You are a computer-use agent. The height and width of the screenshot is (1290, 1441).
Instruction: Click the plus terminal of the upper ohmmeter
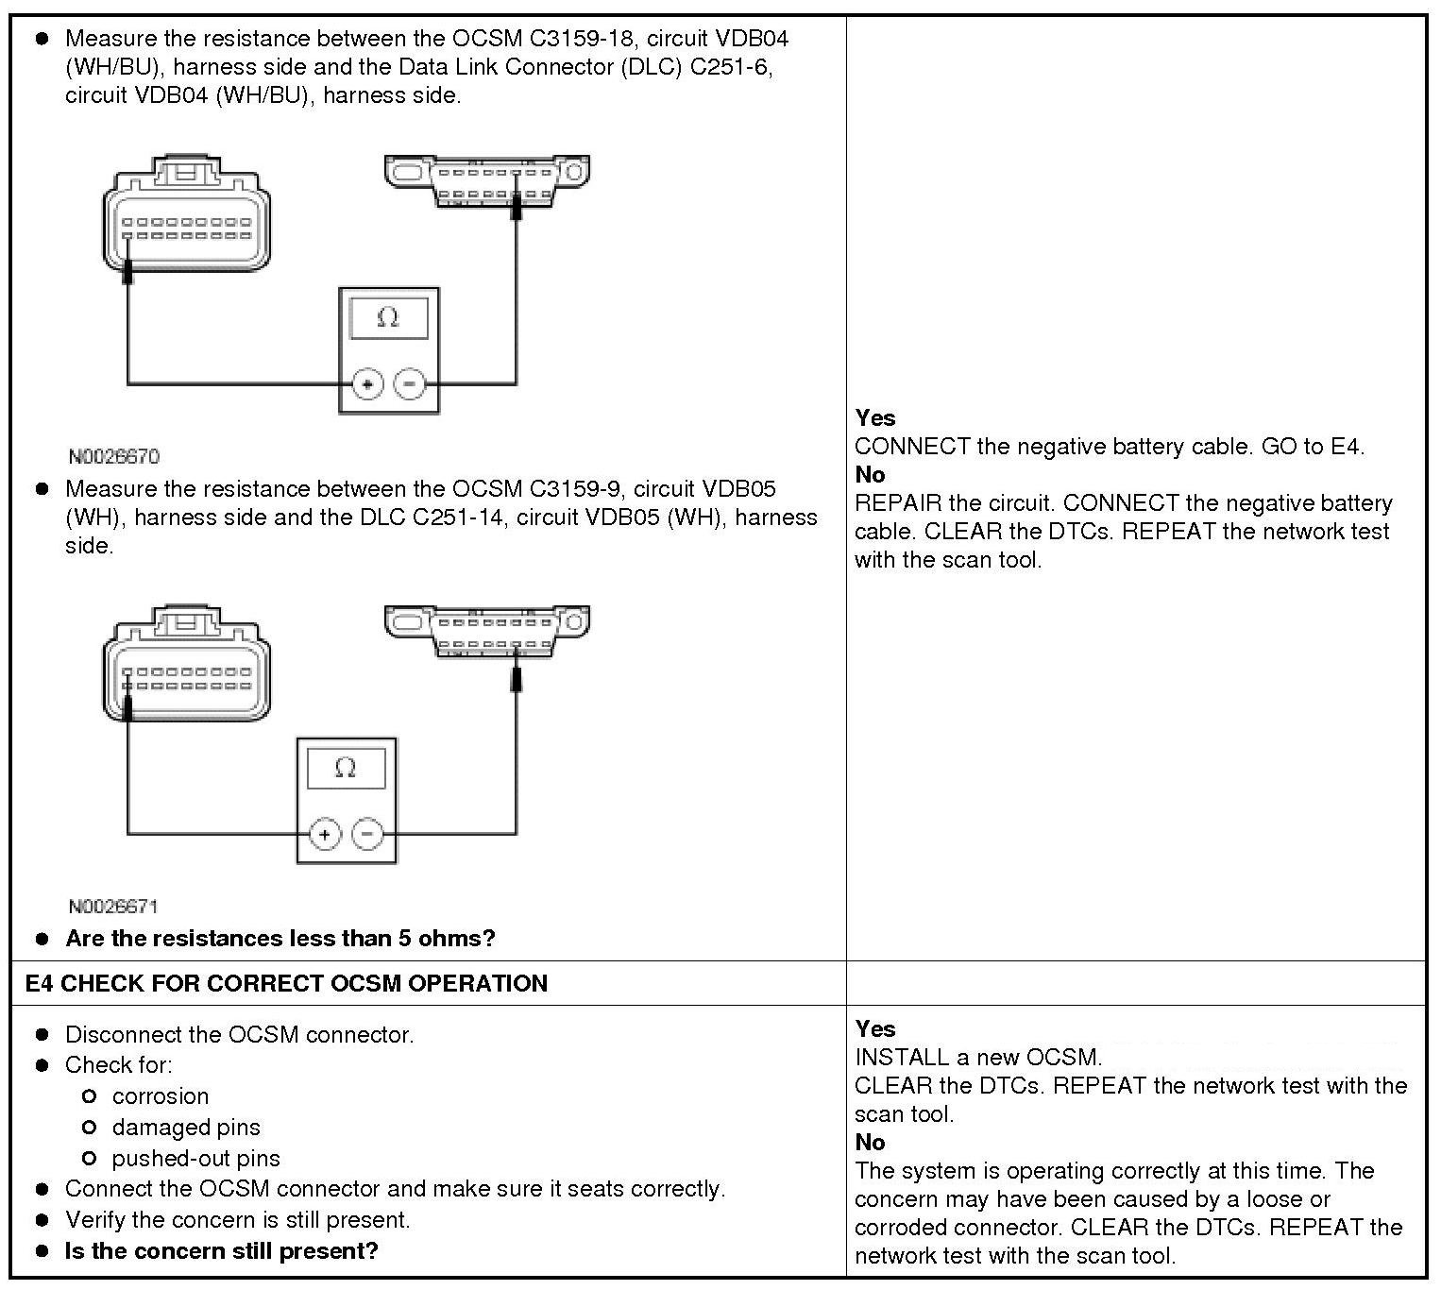(367, 384)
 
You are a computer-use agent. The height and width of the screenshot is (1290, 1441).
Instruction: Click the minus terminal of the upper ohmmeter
(409, 384)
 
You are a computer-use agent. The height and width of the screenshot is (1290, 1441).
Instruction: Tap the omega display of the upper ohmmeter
(388, 318)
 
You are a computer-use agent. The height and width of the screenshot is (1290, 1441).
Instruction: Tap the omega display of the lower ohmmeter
(346, 768)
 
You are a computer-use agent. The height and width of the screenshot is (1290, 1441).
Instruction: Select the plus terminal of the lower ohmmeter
(325, 835)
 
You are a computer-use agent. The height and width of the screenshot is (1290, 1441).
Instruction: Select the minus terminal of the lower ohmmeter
(366, 835)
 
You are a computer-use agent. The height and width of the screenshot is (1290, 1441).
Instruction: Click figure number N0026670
(114, 457)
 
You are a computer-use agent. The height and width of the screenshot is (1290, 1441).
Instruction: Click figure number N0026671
(113, 907)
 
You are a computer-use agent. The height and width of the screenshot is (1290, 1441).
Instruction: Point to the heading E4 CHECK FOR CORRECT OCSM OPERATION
(286, 983)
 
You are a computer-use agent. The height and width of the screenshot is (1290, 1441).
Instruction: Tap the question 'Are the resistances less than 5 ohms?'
(280, 939)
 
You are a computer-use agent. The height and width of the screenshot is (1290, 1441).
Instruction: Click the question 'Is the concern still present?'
(221, 1251)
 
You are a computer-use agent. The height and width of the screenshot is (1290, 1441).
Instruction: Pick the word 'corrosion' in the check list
(161, 1096)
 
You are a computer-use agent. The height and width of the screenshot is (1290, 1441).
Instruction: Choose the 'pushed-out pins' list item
(195, 1159)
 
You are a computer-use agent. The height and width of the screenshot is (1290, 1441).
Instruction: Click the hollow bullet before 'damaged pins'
(90, 1128)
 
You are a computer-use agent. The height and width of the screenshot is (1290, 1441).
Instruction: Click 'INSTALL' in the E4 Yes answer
(901, 1058)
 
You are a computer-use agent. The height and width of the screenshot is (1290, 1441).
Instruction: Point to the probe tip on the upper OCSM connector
(127, 273)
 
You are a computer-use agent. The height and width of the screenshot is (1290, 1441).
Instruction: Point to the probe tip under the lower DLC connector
(516, 680)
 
